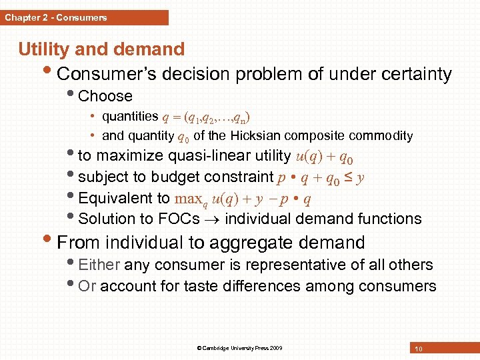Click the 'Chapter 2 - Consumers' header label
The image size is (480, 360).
point(56,18)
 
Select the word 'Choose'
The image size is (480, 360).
point(105,96)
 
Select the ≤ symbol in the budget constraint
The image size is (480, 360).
point(348,177)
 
